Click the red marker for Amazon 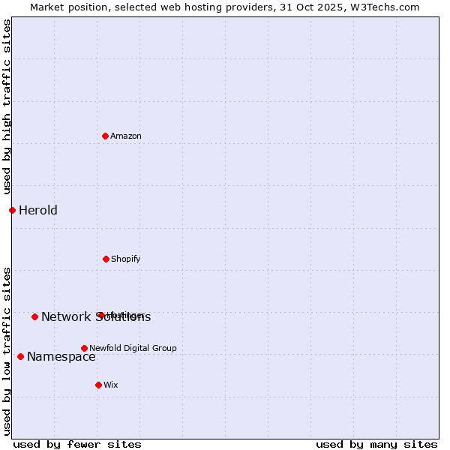tap(106, 136)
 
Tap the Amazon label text tap(126, 136)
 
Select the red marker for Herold tap(12, 210)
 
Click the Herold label tap(38, 210)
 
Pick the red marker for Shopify tap(106, 259)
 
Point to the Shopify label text tap(126, 259)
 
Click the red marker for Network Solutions tap(34, 316)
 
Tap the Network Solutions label tap(96, 316)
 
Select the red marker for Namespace tap(20, 356)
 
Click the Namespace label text tap(61, 356)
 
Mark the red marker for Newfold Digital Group tap(84, 348)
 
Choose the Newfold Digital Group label tap(133, 348)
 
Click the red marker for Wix tap(98, 385)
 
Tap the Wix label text tap(111, 385)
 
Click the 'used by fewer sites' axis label tap(77, 444)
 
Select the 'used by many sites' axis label tap(376, 444)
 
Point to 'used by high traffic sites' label tap(7, 107)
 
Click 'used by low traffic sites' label tap(7, 350)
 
